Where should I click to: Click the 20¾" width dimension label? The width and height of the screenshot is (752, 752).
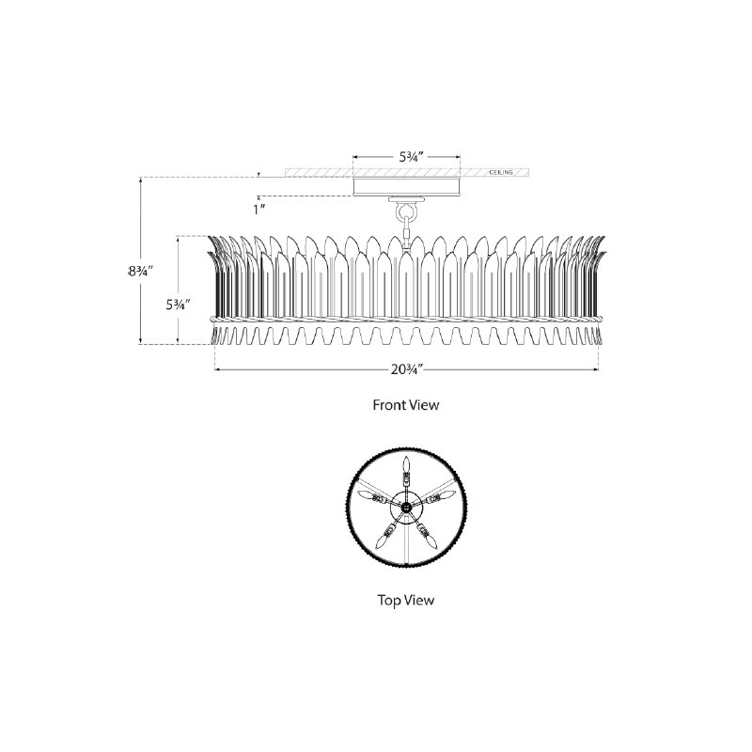click(x=406, y=369)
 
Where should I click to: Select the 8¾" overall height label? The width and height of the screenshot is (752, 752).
click(x=140, y=271)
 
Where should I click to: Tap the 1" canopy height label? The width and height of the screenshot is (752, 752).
click(x=259, y=209)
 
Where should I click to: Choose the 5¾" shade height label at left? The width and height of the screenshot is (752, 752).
click(x=179, y=304)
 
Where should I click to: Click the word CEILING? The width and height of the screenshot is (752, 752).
click(x=501, y=172)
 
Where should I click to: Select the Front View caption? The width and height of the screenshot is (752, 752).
click(x=406, y=405)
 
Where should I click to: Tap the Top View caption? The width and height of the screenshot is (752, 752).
click(x=406, y=600)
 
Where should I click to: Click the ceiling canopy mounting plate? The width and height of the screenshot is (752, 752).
click(x=407, y=186)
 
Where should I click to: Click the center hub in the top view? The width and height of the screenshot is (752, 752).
click(x=407, y=507)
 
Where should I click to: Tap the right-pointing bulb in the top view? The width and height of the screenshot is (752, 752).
click(x=447, y=494)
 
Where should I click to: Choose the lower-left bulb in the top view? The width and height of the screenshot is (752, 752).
click(x=383, y=542)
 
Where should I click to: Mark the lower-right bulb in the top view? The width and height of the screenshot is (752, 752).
click(x=431, y=542)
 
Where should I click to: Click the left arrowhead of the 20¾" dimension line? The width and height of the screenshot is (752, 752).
click(x=218, y=369)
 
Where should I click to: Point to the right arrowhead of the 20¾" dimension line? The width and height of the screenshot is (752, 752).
click(x=596, y=369)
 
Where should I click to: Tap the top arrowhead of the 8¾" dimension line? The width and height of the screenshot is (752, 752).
click(x=140, y=180)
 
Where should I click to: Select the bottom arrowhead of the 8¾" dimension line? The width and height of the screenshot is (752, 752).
click(x=140, y=340)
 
